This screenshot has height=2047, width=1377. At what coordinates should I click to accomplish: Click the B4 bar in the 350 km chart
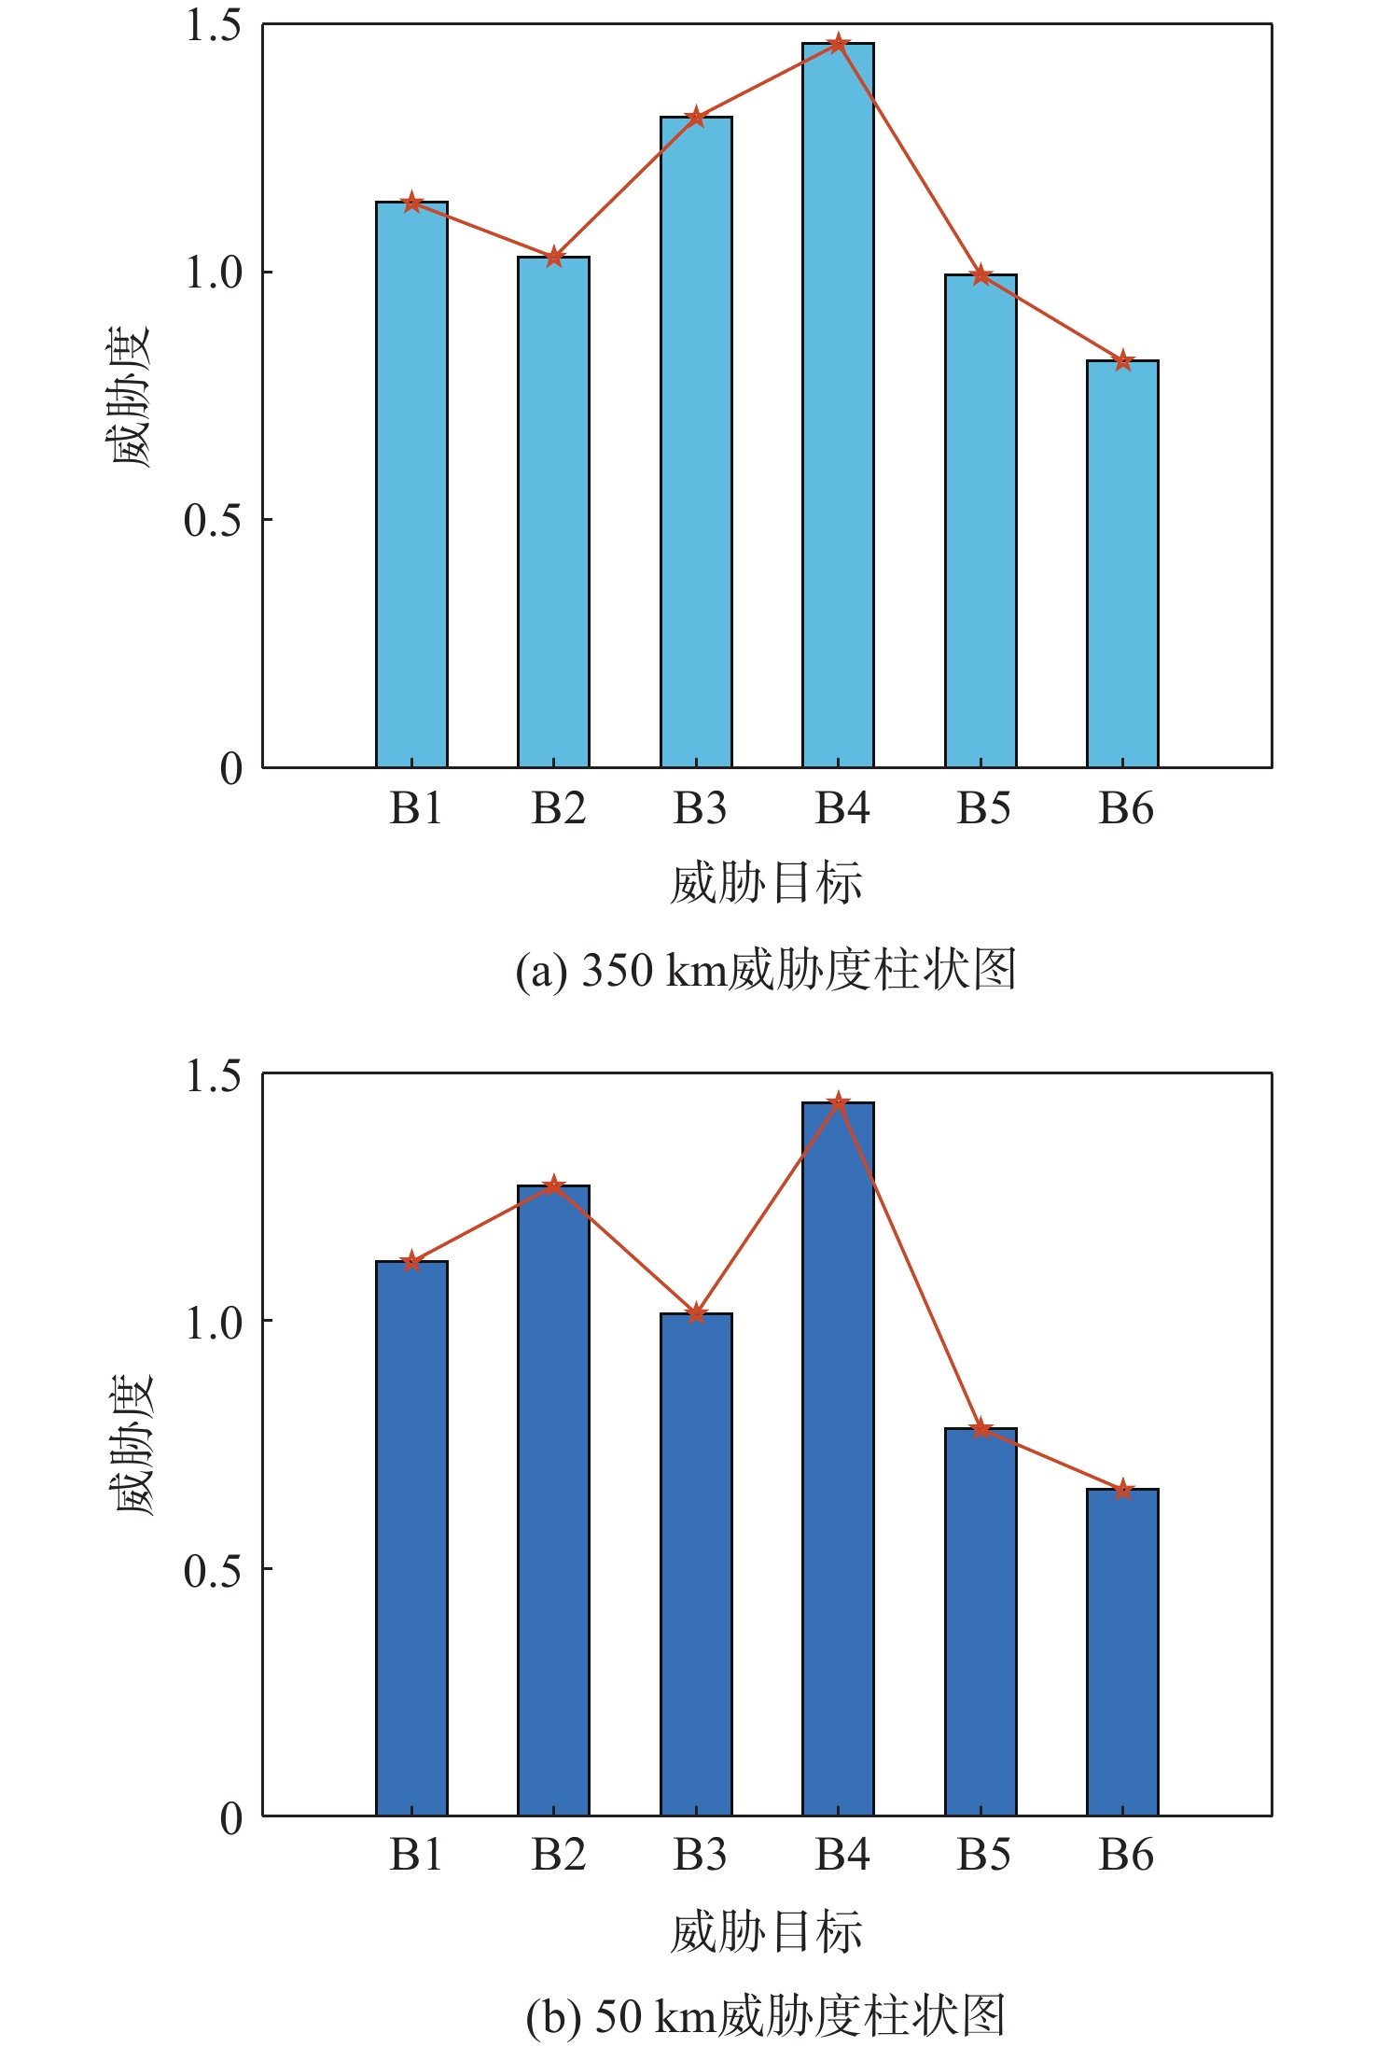coord(838,406)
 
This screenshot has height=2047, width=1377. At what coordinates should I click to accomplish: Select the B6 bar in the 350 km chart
coord(1122,564)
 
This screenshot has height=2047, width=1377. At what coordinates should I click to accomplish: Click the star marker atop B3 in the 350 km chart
coord(696,118)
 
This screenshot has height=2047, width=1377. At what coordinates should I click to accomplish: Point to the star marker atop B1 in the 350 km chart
coord(411,203)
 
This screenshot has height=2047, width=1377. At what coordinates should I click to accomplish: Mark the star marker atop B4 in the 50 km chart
coord(838,1102)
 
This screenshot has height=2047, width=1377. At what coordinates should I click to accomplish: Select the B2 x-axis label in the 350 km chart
coord(558,808)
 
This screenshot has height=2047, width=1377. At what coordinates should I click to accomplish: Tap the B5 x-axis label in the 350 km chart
coord(983,808)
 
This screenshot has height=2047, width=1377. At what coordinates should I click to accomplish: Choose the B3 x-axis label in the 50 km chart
coord(700,1855)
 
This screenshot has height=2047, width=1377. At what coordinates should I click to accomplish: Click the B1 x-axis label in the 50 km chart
coord(416,1855)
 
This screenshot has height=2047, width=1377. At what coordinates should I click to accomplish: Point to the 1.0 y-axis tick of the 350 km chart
coord(214,273)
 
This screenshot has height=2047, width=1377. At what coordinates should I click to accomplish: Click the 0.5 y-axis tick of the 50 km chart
coord(214,1571)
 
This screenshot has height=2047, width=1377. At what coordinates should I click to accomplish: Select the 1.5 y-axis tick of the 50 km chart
coord(214,1075)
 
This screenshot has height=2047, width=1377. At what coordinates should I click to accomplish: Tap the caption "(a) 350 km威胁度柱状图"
coord(765,970)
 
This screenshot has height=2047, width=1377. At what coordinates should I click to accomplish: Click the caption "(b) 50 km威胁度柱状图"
coord(765,2016)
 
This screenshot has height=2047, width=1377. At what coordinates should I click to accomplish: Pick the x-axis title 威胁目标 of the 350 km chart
coord(765,883)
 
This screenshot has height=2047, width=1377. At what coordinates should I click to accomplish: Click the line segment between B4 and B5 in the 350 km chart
coord(910,160)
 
